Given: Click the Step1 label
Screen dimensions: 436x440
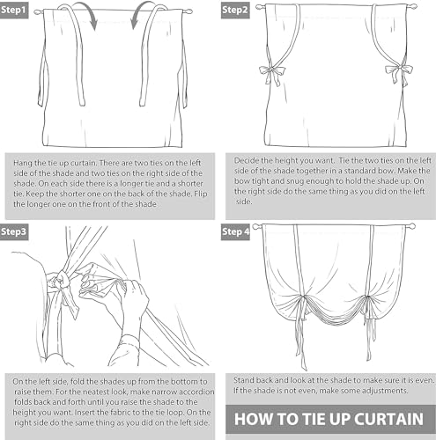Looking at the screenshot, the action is [x=14, y=11].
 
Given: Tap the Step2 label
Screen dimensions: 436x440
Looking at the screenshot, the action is [x=235, y=11].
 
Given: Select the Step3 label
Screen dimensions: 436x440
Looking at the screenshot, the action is [x=14, y=232].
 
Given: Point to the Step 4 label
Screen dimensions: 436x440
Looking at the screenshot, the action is [x=235, y=232].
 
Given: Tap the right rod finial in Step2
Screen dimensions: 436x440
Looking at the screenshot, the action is [x=413, y=6].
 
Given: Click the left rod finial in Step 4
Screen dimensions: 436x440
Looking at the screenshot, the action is [x=256, y=226].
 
